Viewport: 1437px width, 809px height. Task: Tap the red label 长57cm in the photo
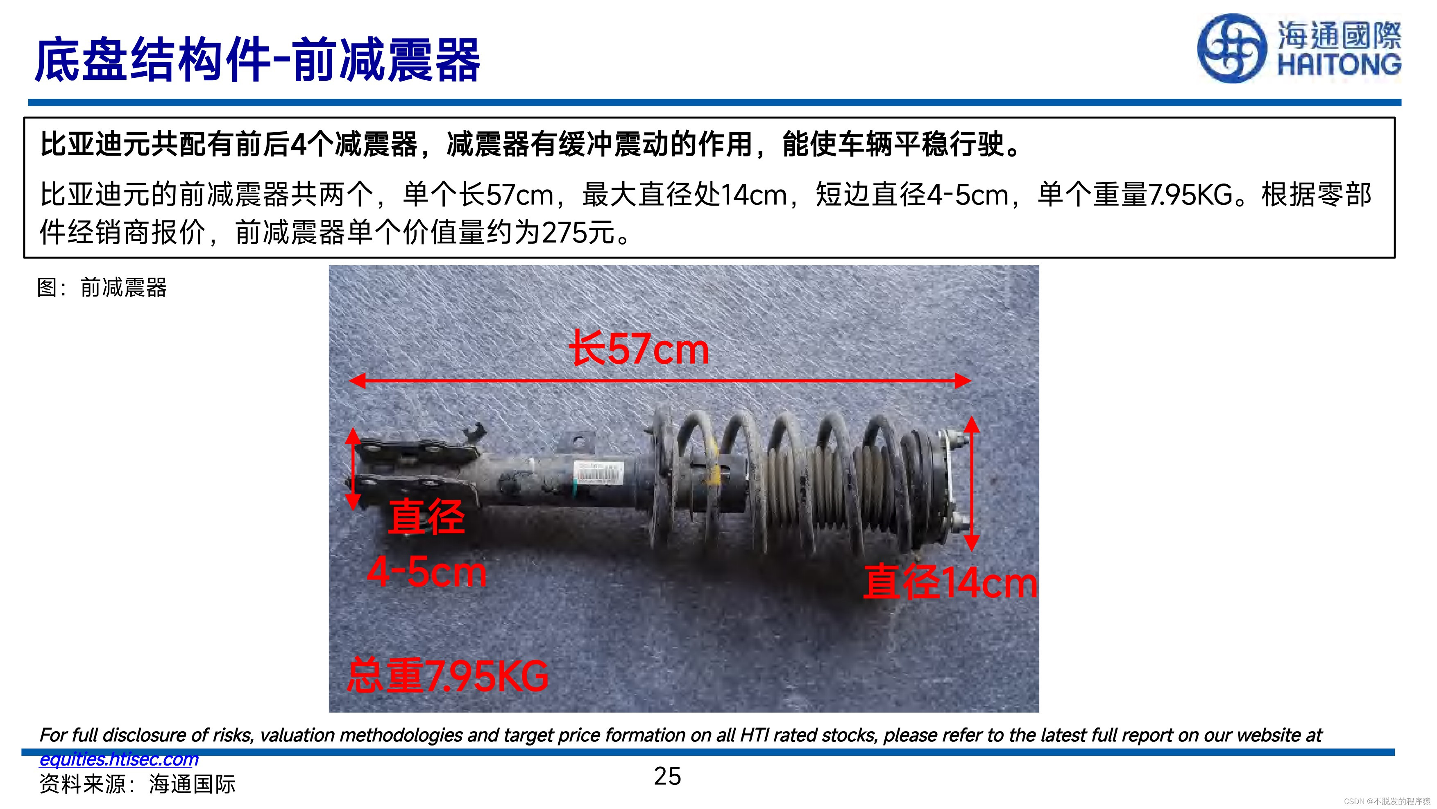pyautogui.click(x=639, y=349)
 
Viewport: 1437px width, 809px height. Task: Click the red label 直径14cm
pyautogui.click(x=950, y=582)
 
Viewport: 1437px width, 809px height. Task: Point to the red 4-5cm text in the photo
pyautogui.click(x=427, y=572)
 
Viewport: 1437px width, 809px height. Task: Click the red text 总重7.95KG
pyautogui.click(x=447, y=675)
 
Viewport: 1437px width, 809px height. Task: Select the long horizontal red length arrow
pyautogui.click(x=660, y=381)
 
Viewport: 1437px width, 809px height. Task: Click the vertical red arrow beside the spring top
pyautogui.click(x=972, y=484)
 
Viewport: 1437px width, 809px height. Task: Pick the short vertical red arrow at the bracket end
pyautogui.click(x=353, y=469)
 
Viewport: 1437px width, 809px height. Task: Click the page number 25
pyautogui.click(x=668, y=776)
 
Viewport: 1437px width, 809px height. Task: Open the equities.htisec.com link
pyautogui.click(x=119, y=759)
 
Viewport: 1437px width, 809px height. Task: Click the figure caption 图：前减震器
pyautogui.click(x=102, y=288)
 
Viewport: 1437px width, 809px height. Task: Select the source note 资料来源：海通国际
pyautogui.click(x=137, y=784)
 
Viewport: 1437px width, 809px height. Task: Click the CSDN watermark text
pyautogui.click(x=1387, y=801)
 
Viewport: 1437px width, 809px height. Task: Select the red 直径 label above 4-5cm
pyautogui.click(x=426, y=517)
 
